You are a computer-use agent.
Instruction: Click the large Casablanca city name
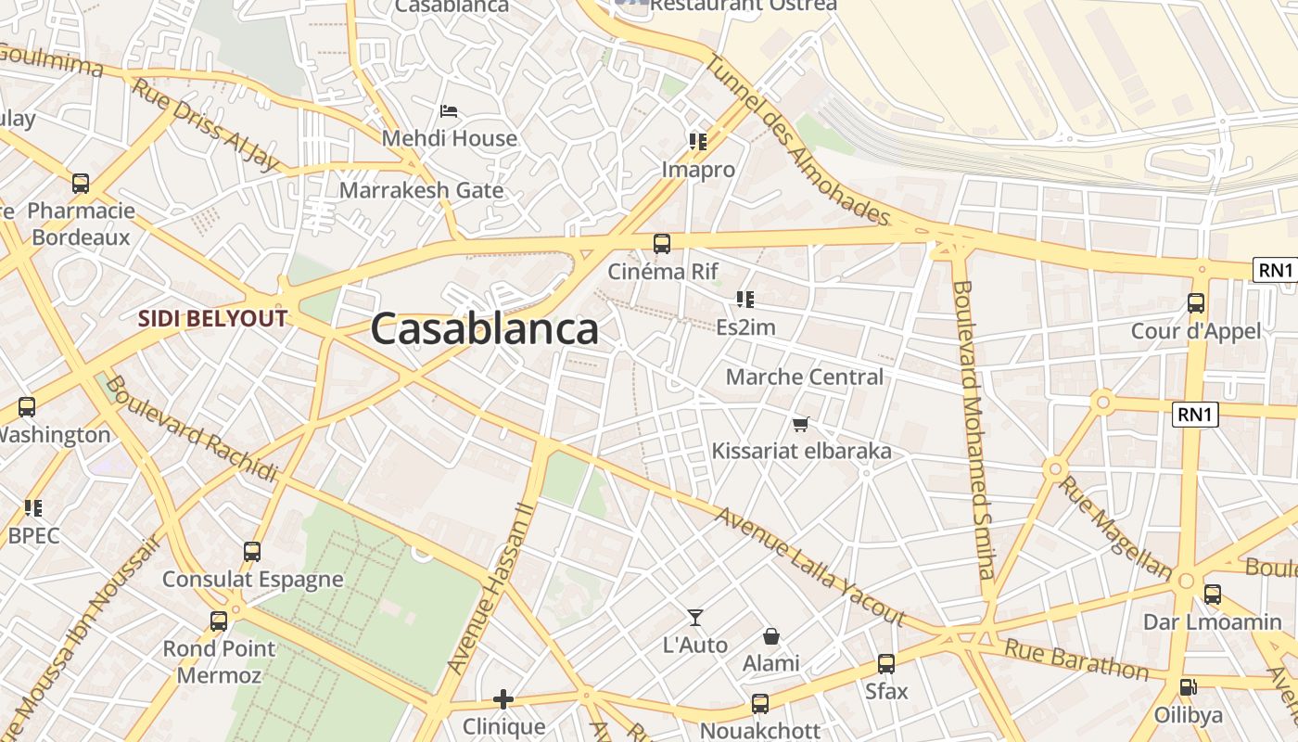[x=485, y=329]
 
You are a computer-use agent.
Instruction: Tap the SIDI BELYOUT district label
[x=212, y=319]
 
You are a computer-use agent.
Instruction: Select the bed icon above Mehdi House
[x=449, y=112]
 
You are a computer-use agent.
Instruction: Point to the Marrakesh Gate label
[x=422, y=191]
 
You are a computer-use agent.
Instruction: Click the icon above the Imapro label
[x=698, y=142]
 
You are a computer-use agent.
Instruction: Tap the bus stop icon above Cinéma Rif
[x=662, y=244]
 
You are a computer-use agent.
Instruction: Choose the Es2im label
[x=745, y=327]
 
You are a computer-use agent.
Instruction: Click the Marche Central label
[x=805, y=377]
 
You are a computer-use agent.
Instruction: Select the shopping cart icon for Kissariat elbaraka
[x=801, y=425]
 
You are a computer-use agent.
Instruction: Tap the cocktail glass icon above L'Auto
[x=695, y=618]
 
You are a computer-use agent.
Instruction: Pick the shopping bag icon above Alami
[x=770, y=636]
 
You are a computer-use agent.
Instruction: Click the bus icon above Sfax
[x=886, y=664]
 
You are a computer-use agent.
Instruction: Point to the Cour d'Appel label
[x=1196, y=331]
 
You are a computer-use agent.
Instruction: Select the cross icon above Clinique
[x=503, y=698]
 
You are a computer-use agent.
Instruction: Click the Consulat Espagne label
[x=253, y=580]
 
